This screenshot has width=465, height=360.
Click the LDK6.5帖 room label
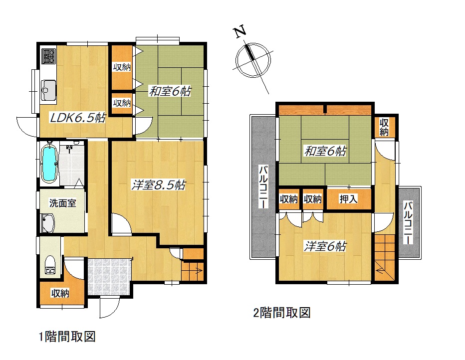(78, 118)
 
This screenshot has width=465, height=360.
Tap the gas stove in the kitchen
(48, 56)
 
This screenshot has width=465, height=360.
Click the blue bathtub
(49, 163)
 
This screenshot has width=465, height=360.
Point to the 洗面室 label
(62, 203)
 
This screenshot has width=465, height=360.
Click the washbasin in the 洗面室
(47, 223)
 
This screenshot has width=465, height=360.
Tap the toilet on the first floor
(49, 265)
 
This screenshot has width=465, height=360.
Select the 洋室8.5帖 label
(158, 185)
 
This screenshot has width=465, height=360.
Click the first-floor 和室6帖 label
(170, 91)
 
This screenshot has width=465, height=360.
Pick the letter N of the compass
(240, 31)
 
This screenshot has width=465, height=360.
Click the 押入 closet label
(348, 199)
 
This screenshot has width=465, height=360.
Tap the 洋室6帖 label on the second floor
(325, 246)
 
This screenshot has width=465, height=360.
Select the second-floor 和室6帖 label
(325, 151)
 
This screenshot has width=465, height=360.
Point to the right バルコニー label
(408, 222)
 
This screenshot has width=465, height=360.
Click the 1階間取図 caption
(67, 337)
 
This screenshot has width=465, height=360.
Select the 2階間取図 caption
(282, 313)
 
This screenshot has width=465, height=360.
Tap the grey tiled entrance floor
(109, 277)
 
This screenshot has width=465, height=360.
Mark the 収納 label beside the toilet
(60, 293)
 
